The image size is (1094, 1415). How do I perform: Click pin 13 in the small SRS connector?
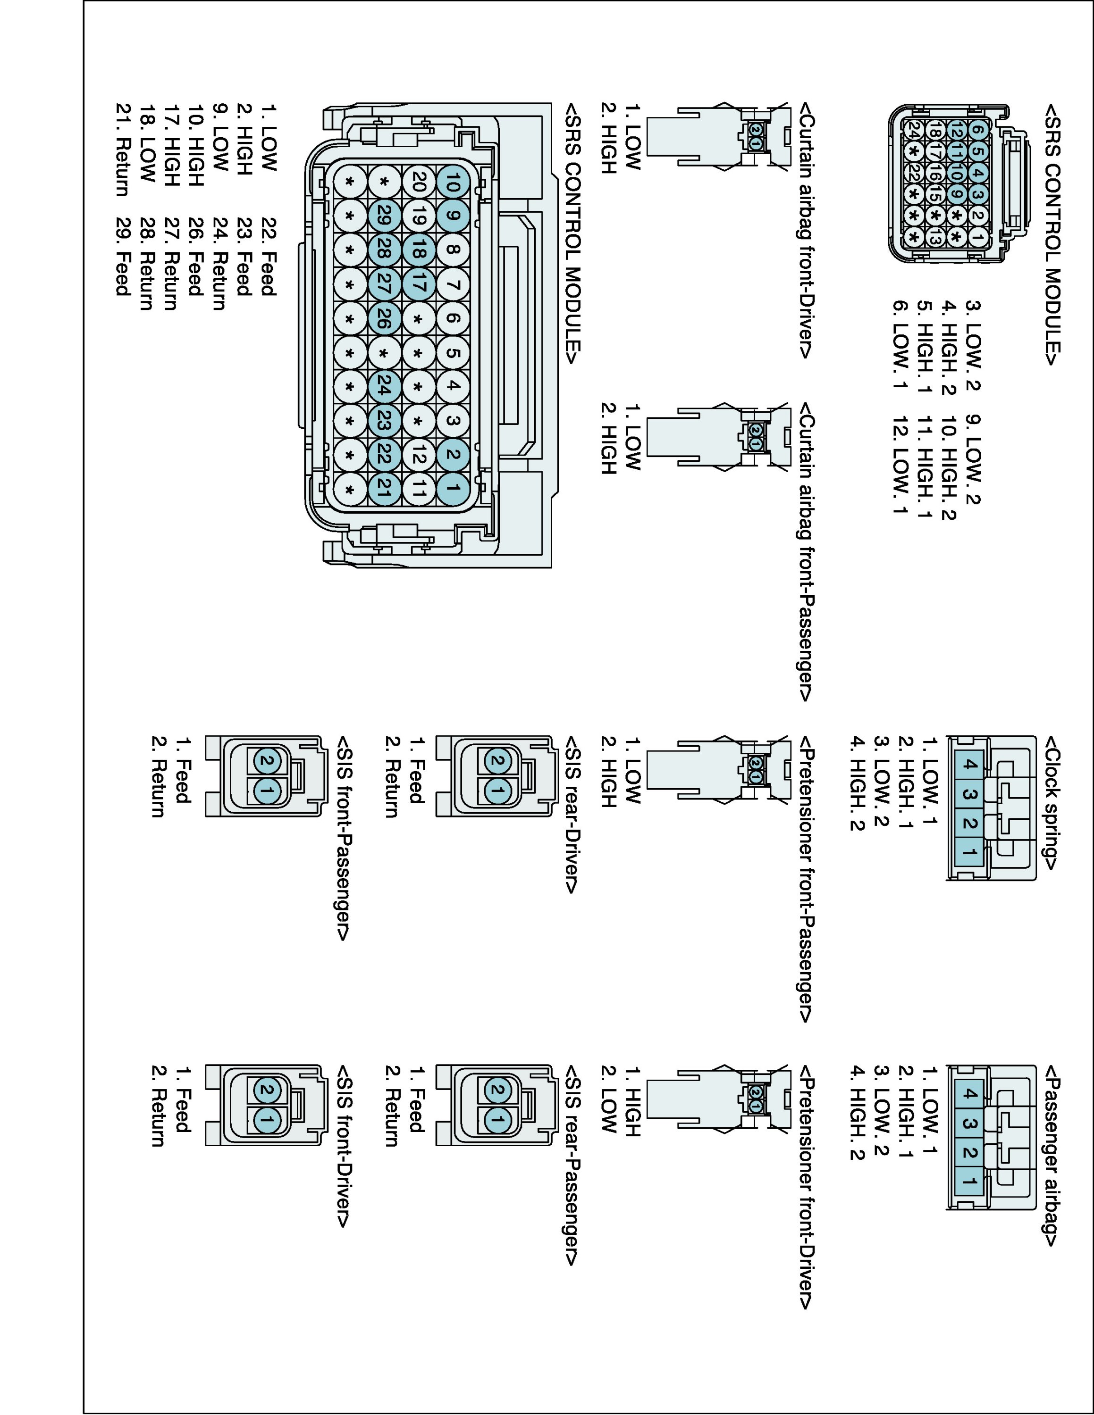point(934,236)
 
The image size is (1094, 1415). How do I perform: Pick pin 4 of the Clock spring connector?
point(969,765)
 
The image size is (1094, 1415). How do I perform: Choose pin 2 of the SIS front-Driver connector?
point(266,1090)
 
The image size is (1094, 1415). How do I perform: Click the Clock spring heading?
point(1051,803)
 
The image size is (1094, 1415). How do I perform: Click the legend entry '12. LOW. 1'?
point(900,459)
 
